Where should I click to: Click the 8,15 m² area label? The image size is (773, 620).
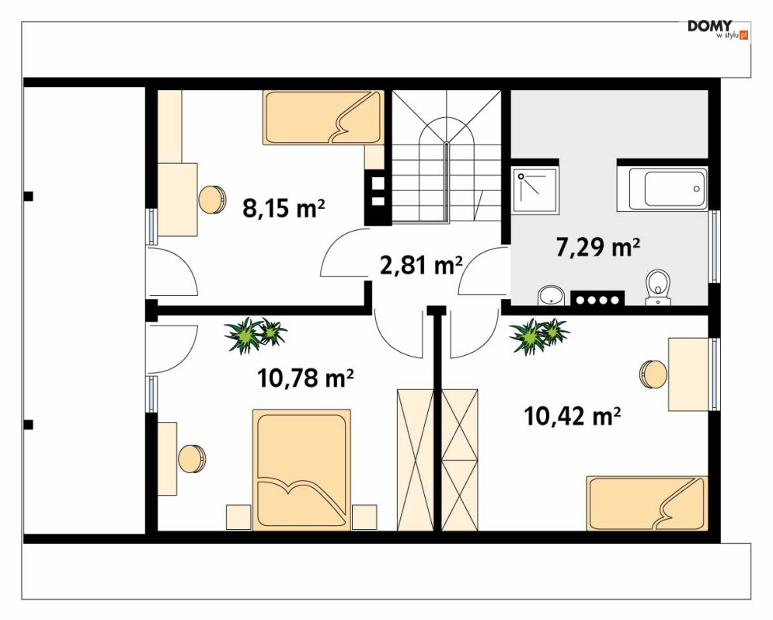(284, 208)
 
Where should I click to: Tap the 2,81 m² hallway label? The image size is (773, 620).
(421, 265)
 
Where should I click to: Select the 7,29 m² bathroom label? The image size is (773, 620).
(598, 247)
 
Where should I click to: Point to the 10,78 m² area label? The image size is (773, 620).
(305, 378)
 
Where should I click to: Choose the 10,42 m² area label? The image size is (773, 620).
(572, 416)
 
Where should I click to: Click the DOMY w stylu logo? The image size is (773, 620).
(719, 29)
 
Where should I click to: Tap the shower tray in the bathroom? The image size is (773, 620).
(535, 191)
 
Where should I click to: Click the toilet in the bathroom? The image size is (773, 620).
(658, 287)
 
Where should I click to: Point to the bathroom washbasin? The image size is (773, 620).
(551, 296)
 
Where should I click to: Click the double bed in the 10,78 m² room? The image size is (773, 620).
(301, 470)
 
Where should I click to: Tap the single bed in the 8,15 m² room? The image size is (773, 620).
(324, 117)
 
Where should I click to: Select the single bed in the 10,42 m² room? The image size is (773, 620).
(647, 503)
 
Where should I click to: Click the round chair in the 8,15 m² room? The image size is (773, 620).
(212, 199)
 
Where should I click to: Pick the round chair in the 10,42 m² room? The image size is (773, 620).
(653, 374)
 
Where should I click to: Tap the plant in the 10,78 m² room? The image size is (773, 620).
(255, 335)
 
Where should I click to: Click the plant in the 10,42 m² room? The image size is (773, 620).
(539, 336)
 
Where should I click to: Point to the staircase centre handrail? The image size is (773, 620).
(447, 183)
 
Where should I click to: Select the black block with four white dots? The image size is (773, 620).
(597, 298)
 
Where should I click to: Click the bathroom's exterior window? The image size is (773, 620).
(713, 246)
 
